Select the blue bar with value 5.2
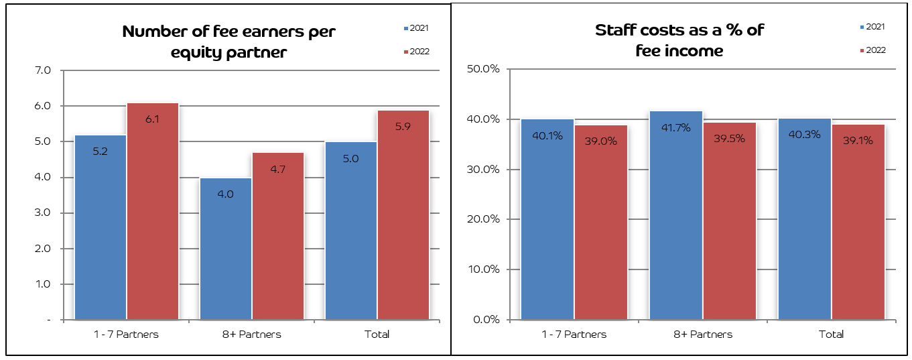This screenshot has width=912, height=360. tap(101, 228)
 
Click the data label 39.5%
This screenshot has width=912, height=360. tap(730, 138)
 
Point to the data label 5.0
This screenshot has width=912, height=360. tap(351, 158)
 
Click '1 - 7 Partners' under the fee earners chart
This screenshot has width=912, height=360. tap(127, 334)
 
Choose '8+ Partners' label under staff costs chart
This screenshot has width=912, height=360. tap(703, 334)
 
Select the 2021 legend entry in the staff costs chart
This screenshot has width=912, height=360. tap(872, 27)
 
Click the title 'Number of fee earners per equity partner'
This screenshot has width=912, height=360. tap(229, 42)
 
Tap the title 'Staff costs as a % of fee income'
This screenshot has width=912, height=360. tap(679, 40)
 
